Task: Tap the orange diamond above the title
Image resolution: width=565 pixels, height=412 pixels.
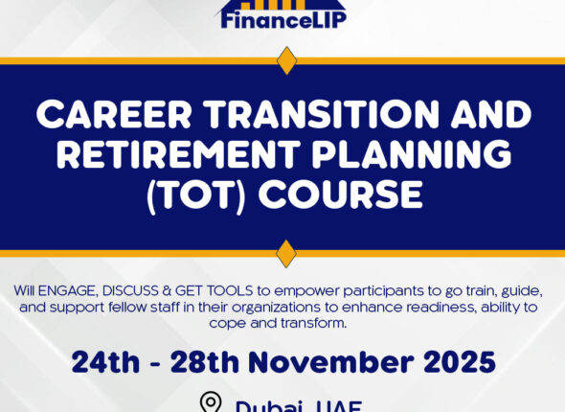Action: click(x=286, y=60)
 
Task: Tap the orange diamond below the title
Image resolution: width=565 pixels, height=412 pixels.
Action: click(x=286, y=254)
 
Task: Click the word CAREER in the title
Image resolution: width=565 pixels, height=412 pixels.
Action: click(x=116, y=116)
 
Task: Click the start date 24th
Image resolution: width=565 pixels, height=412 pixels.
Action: click(x=104, y=362)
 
